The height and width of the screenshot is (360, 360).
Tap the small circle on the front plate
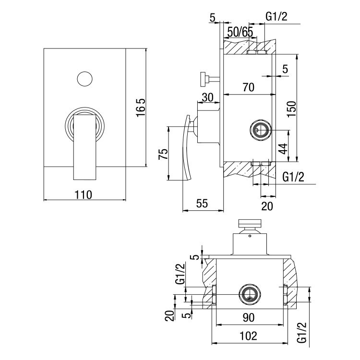(x=84, y=78)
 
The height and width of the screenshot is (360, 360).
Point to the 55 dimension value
(x=202, y=204)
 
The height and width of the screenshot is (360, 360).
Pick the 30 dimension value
(x=207, y=97)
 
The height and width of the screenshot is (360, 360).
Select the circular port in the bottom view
(x=249, y=293)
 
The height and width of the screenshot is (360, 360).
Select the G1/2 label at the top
(x=276, y=17)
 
